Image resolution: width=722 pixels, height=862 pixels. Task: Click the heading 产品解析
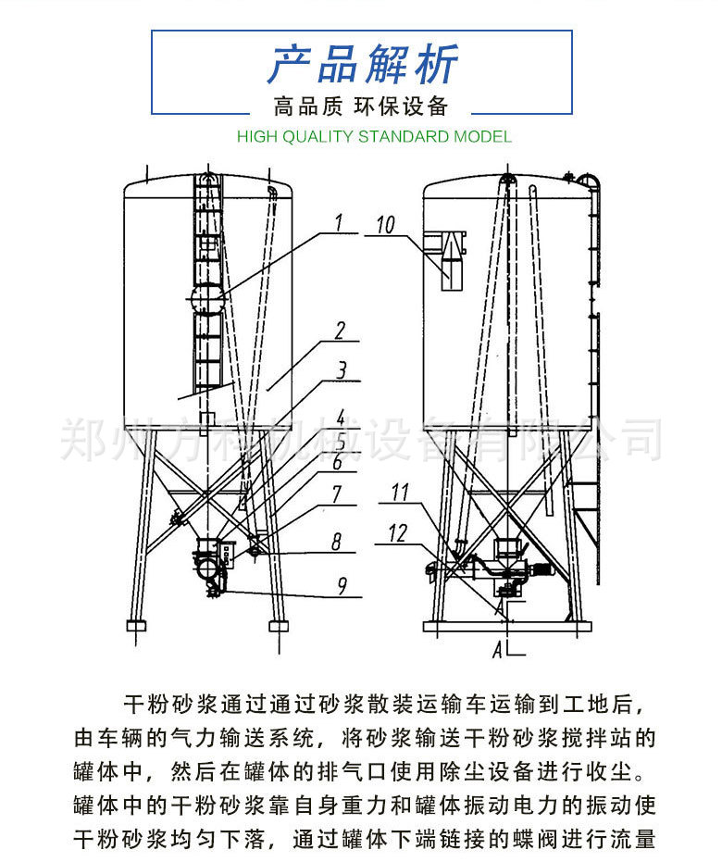(x=362, y=64)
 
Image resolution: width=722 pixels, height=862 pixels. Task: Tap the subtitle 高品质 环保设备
(x=361, y=106)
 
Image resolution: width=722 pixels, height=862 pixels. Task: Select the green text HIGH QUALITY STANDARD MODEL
(x=374, y=137)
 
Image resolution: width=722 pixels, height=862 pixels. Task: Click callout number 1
(x=338, y=222)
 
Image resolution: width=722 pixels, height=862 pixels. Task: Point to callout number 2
(x=340, y=331)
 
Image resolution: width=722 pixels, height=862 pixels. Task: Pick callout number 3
(x=342, y=371)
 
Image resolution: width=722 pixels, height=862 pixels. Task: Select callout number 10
(x=385, y=224)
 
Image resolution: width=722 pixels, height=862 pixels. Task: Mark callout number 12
(x=397, y=532)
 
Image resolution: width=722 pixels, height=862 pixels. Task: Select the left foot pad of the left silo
(x=135, y=626)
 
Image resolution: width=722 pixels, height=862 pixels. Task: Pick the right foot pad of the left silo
(x=279, y=626)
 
